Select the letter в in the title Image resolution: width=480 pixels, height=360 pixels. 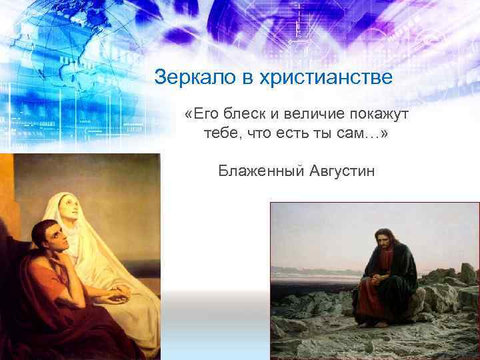pos(241,77)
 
